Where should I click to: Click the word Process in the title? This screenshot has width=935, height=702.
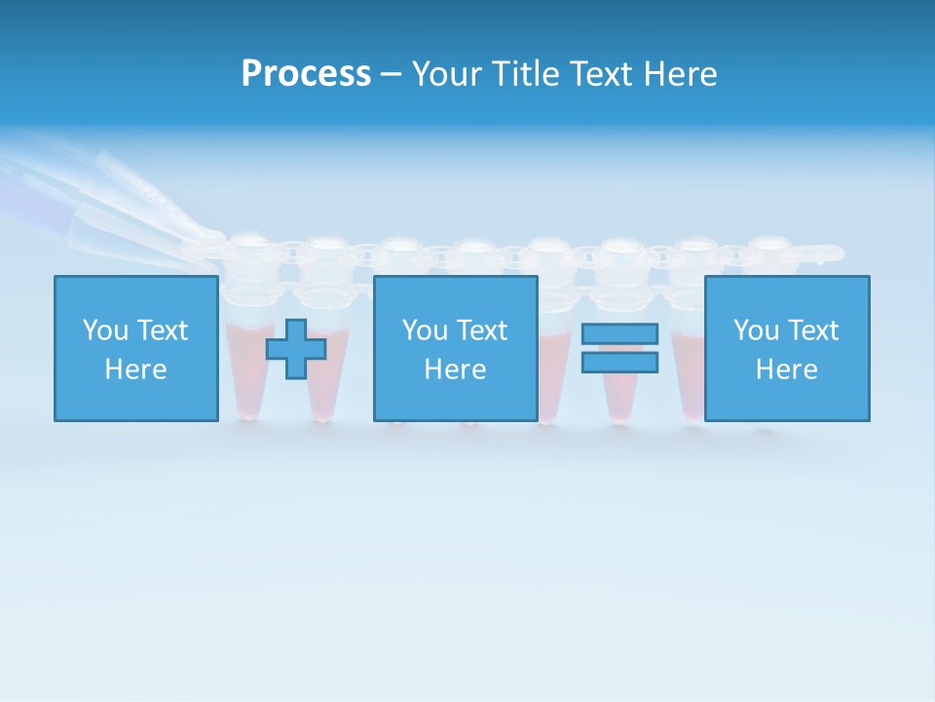pos(306,74)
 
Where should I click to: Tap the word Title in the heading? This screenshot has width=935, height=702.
pos(528,74)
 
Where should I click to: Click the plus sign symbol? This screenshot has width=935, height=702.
pos(296,349)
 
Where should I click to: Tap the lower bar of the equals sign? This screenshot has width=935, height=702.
pos(619,363)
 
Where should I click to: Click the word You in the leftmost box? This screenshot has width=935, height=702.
pos(105,331)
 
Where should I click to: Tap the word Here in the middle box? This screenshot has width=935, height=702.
pos(455,370)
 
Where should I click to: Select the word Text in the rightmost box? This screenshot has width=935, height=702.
pos(814,331)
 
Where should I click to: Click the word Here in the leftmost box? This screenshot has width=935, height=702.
pos(135,370)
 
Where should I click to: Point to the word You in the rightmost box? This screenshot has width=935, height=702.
pos(756,331)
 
